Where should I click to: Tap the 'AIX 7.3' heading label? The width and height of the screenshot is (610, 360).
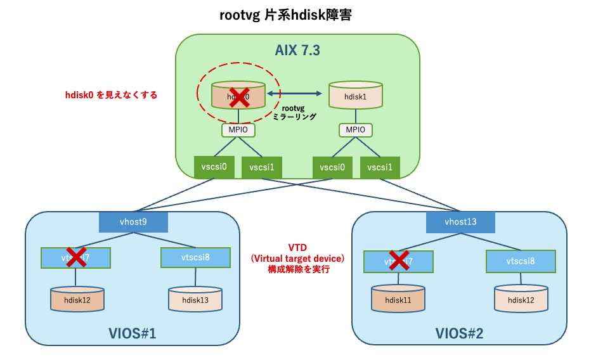[x=297, y=51]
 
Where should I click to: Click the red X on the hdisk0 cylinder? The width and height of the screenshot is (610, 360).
[x=238, y=96]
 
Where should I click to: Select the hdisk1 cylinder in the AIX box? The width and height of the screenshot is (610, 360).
[x=355, y=97]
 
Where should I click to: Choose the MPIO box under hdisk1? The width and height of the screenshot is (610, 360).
[x=355, y=130]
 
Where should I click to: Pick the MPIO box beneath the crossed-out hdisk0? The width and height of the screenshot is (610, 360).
[x=238, y=130]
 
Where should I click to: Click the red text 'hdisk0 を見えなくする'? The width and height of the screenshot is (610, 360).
[x=112, y=95]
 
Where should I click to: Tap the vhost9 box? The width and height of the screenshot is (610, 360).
[x=133, y=222]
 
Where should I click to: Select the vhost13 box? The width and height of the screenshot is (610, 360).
[x=460, y=222]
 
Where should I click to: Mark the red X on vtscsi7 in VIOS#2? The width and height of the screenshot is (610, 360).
[x=399, y=260]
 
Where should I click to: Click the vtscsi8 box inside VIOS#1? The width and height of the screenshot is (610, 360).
[x=195, y=257]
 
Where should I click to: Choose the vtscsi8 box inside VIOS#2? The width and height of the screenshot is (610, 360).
[x=521, y=260]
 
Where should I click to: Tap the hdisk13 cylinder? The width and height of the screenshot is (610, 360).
[x=195, y=299]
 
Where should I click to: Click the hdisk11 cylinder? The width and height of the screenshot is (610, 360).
[x=398, y=299]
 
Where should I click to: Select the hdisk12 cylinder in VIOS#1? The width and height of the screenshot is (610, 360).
[x=77, y=299]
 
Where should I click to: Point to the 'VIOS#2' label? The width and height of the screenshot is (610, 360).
[x=459, y=333]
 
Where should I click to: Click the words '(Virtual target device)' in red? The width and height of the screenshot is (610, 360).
[x=298, y=259]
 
